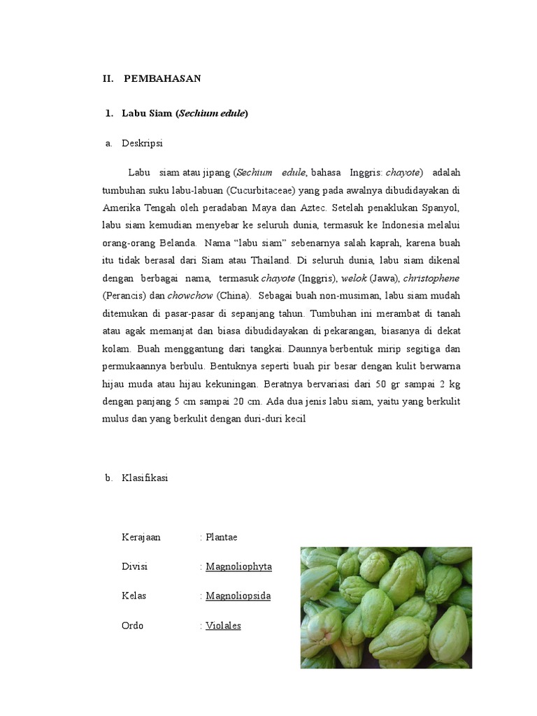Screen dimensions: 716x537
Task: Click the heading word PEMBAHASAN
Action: click(162, 78)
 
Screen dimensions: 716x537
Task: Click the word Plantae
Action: click(222, 537)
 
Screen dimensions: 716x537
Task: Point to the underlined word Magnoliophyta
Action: click(238, 566)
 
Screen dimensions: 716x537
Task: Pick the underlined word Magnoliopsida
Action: click(238, 596)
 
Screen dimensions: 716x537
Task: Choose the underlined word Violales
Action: click(223, 625)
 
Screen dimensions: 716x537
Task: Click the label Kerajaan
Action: click(141, 537)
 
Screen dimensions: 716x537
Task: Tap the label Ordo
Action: click(132, 625)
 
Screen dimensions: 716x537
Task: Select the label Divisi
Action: click(134, 566)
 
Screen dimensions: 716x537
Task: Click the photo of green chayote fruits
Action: click(386, 607)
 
